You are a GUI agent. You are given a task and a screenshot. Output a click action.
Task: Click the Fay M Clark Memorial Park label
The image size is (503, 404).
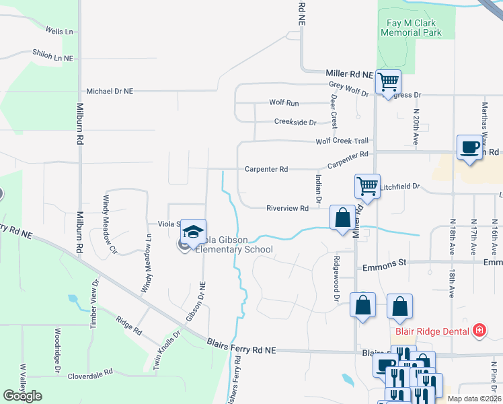(x=412, y=27)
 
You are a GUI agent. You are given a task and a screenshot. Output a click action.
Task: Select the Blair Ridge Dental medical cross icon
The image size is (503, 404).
(x=479, y=330)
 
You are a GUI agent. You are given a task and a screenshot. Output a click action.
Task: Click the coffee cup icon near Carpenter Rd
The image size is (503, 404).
(x=469, y=147)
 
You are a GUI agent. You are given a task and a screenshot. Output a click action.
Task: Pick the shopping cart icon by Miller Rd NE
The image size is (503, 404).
(x=388, y=82)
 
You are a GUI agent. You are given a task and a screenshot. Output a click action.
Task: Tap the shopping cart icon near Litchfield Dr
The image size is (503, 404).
(x=367, y=185)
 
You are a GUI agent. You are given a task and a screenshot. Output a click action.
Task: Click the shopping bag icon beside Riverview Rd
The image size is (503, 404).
(x=342, y=218)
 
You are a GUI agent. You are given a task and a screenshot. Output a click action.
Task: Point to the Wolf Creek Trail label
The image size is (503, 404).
(x=343, y=141)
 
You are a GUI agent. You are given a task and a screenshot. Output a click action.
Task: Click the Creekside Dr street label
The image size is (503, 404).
(x=295, y=122)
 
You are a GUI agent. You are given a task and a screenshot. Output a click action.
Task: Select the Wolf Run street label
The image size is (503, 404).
(x=284, y=103)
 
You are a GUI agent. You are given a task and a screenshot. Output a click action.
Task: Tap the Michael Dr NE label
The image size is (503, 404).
(x=110, y=91)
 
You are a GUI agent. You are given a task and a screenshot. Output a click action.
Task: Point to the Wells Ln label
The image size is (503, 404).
(x=59, y=32)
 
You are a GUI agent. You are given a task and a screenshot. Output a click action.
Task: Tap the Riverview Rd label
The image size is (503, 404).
(x=286, y=209)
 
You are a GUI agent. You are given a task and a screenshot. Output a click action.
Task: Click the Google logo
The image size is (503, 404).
(x=22, y=396)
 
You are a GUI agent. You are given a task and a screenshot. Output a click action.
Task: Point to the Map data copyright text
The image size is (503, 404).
(x=474, y=399)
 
